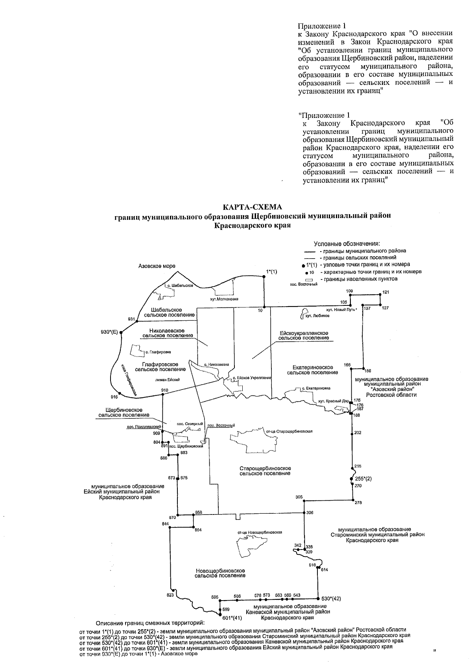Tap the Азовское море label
[x=157, y=266]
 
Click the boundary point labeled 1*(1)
[x=264, y=277]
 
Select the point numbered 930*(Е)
[x=121, y=333]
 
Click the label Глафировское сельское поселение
[x=160, y=367]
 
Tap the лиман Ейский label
[x=168, y=380]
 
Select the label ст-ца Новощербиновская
[x=260, y=532]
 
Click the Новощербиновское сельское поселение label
[x=220, y=573]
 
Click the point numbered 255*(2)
[x=351, y=479]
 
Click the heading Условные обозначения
[x=349, y=244]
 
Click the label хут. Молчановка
[x=225, y=299]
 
